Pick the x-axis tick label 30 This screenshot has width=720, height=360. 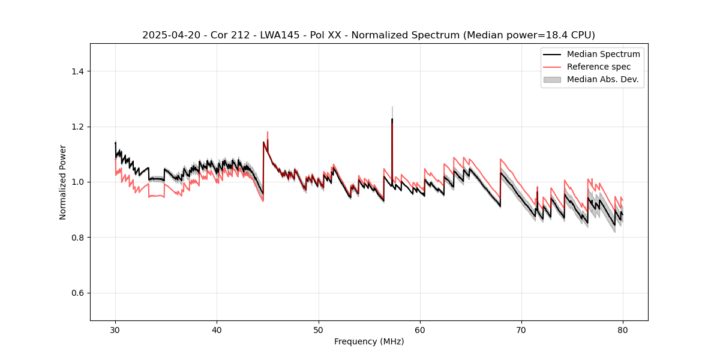click(x=116, y=330)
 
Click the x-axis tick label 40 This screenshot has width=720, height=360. click(x=217, y=330)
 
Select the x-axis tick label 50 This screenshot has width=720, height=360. click(x=319, y=330)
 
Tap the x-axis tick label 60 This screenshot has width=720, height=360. click(x=420, y=330)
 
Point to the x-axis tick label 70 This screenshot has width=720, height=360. click(x=521, y=330)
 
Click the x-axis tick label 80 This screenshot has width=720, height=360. click(x=623, y=330)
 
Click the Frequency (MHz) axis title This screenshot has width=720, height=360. click(x=369, y=341)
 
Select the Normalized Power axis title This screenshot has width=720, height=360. click(x=63, y=182)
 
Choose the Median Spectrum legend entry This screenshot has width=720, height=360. click(x=603, y=54)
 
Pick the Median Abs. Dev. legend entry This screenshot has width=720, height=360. click(x=603, y=79)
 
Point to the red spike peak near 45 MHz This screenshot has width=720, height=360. click(x=268, y=132)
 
